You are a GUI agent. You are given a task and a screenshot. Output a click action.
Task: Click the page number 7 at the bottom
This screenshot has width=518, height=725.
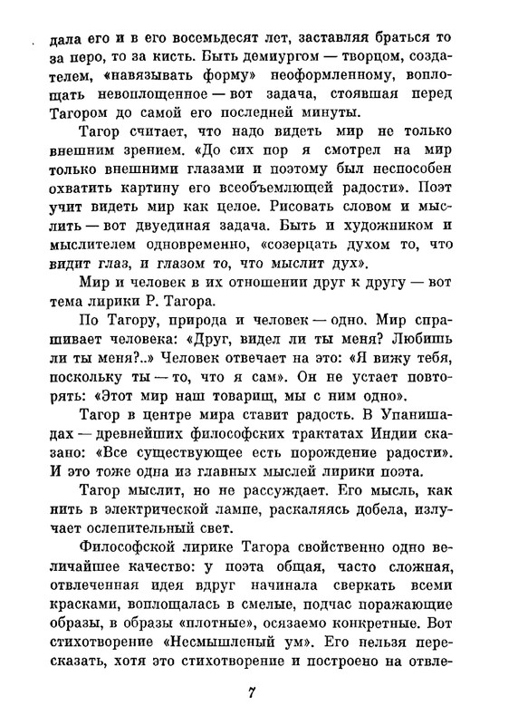click(x=253, y=693)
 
